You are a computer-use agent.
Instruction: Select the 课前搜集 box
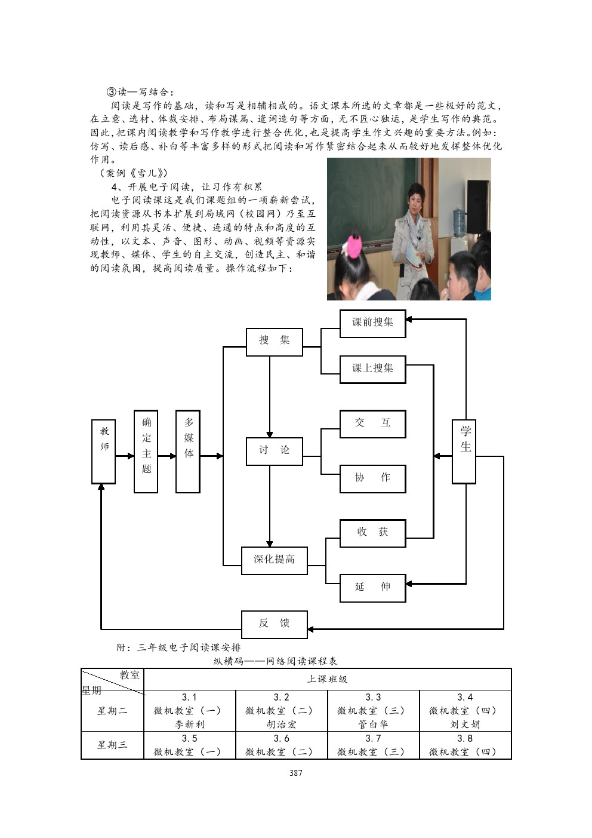pos(372,323)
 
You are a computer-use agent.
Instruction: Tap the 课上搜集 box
pos(372,369)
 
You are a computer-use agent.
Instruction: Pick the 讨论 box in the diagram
pos(274,451)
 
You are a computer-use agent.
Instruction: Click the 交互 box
pos(372,423)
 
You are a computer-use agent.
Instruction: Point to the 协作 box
pos(372,478)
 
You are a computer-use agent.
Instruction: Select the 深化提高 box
pos(274,560)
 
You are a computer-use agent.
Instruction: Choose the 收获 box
pos(372,533)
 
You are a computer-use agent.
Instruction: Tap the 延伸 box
pos(372,588)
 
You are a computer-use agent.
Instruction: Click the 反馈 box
pos(274,624)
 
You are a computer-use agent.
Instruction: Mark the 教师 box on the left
pos(103,451)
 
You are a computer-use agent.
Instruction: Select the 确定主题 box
pos(146,451)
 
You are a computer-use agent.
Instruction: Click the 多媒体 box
pos(188,451)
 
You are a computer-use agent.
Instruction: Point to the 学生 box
pos(464,451)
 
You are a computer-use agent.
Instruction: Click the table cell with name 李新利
pos(190,725)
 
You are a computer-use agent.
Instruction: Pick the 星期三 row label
pos(112,745)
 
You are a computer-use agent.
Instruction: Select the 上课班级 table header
pos(327,679)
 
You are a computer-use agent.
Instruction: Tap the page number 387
pos(296,773)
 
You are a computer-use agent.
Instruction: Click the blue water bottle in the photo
pos(460,222)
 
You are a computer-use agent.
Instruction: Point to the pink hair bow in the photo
pos(355,245)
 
